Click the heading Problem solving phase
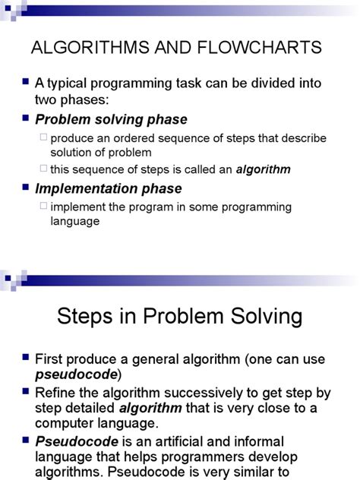(111, 120)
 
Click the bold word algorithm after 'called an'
(264, 169)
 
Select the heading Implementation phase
(109, 188)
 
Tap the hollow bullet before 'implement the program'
(43, 206)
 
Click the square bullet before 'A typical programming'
(25, 81)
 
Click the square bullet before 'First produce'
(25, 357)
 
